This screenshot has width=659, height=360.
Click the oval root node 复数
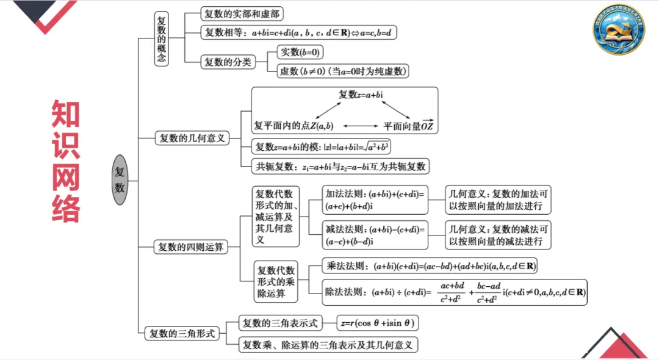click(x=120, y=181)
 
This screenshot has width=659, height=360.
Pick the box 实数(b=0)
click(x=300, y=52)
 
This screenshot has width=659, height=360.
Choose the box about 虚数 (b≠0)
click(x=342, y=71)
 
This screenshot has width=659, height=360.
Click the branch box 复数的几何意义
click(x=192, y=138)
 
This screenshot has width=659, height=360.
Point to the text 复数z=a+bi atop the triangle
click(x=365, y=95)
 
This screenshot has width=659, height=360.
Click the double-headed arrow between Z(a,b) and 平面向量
click(x=361, y=126)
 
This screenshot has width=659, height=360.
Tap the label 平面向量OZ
click(x=408, y=126)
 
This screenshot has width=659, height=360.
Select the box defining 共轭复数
click(x=340, y=166)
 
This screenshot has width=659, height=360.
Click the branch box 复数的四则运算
click(x=191, y=247)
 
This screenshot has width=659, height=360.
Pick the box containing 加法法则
click(x=375, y=200)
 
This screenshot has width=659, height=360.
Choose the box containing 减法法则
click(x=375, y=236)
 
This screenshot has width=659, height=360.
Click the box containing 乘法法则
click(x=430, y=267)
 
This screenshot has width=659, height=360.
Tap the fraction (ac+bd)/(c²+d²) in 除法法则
click(x=452, y=292)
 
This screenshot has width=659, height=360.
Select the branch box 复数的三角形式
click(x=182, y=333)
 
